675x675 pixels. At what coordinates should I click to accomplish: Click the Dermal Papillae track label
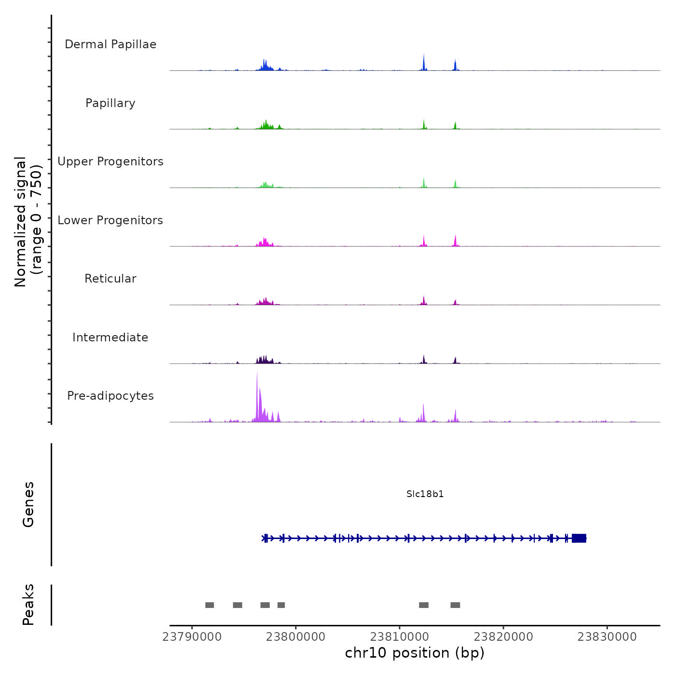(110, 44)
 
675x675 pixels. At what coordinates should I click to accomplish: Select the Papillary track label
(110, 103)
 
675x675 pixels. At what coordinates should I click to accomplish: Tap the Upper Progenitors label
(110, 162)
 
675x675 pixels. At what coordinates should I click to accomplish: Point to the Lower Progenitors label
(110, 220)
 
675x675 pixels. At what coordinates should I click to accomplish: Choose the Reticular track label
(110, 279)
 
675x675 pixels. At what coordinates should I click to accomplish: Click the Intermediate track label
(110, 337)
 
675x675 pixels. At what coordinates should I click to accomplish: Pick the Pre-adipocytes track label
(110, 396)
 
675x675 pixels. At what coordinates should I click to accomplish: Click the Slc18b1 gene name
(425, 494)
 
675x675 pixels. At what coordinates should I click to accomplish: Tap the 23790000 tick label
(192, 636)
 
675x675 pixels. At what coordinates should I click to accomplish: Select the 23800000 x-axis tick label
(296, 636)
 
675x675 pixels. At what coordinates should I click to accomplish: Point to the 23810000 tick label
(400, 636)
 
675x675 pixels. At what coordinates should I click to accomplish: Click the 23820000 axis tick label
(503, 636)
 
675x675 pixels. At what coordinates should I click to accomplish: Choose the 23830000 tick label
(607, 636)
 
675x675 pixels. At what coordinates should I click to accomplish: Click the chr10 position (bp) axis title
(415, 653)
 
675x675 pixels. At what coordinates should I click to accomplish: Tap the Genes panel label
(28, 504)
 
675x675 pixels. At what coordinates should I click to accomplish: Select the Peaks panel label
(28, 605)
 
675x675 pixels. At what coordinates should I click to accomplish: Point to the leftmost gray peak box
(209, 605)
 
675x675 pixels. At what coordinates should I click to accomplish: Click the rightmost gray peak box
(455, 605)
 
